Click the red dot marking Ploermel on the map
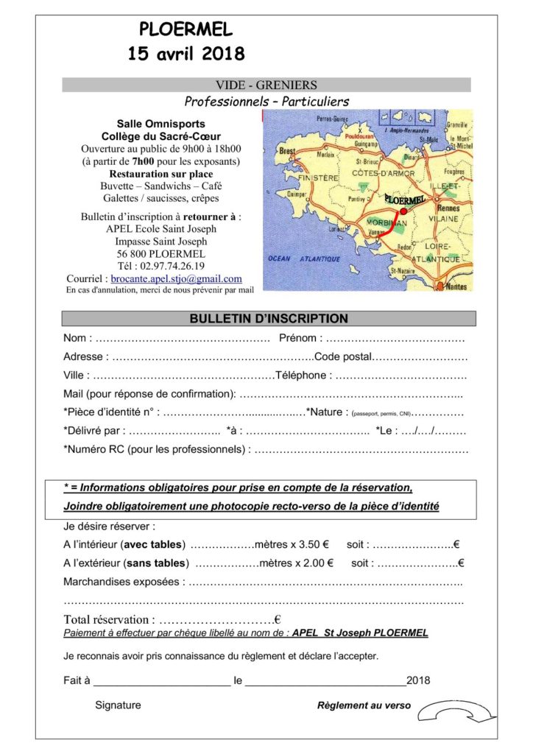(403, 211)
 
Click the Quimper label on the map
(275, 194)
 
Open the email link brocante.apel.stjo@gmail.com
(176, 279)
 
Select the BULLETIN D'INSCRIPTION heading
(269, 319)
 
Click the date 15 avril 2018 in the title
(186, 54)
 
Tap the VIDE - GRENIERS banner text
(266, 85)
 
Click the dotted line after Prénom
(395, 339)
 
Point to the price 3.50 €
(311, 545)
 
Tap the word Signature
(118, 705)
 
